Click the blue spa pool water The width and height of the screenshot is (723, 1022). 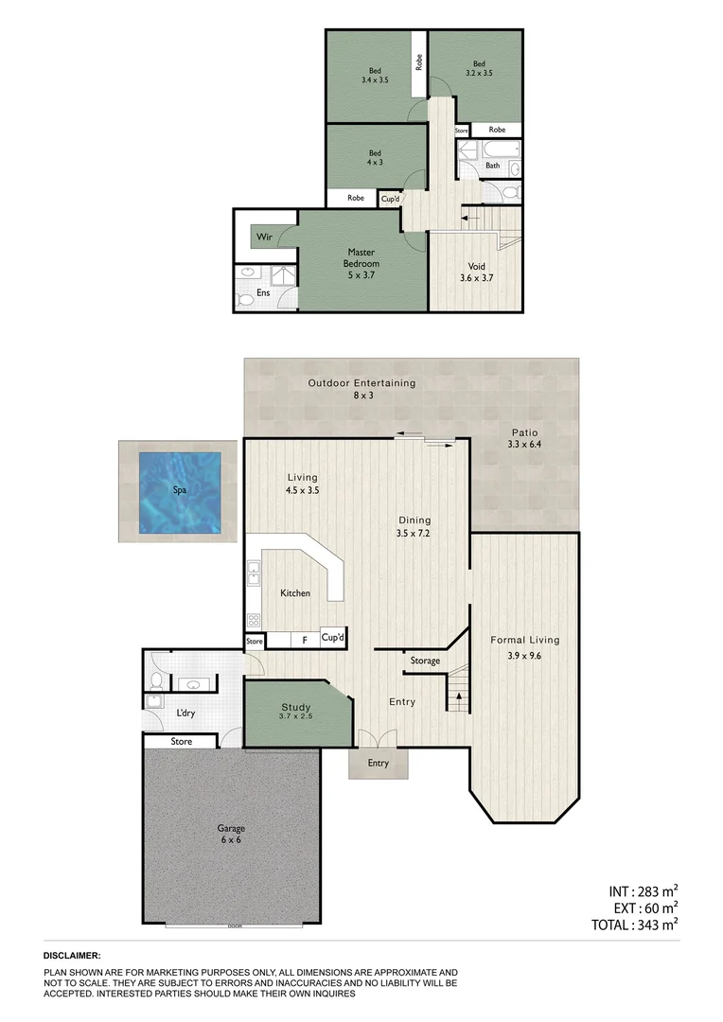coord(180,491)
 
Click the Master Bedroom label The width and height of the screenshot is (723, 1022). coord(361,257)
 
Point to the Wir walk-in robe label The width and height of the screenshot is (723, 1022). coord(264,237)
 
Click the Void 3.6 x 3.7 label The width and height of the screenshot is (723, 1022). coord(476,273)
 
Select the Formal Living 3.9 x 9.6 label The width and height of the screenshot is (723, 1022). coord(515,647)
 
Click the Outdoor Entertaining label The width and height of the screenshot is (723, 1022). coord(361,389)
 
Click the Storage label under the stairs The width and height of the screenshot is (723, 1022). coord(424,661)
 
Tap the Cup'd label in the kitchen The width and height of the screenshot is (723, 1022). coord(332,638)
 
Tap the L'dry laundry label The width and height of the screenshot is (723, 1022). coord(185,714)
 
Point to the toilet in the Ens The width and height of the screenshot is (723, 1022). coord(245,300)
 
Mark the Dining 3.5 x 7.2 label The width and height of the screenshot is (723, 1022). coord(414,526)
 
